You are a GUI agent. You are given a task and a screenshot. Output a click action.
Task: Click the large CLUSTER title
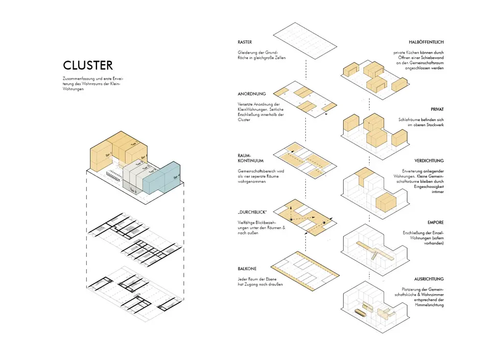click(88, 65)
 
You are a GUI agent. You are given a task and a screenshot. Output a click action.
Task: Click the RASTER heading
click(245, 42)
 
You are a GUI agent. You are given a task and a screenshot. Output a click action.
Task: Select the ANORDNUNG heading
click(251, 94)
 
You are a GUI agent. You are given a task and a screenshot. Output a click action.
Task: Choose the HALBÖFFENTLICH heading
click(426, 42)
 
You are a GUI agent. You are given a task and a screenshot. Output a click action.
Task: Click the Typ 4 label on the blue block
click(176, 177)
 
